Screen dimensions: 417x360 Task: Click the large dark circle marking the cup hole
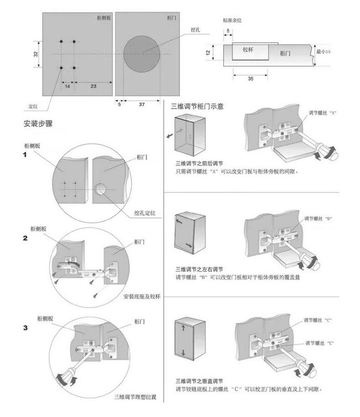[x=143, y=54]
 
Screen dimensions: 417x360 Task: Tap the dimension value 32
[x=36, y=54]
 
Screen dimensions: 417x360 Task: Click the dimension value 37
[x=142, y=104]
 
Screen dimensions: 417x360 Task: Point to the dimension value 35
[x=250, y=79]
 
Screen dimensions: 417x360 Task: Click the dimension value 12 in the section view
[x=208, y=52]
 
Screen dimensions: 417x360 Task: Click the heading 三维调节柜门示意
[x=197, y=107]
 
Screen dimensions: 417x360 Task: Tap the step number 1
[x=26, y=155]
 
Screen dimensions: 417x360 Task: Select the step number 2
[x=26, y=238]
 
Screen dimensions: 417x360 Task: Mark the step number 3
[x=26, y=327]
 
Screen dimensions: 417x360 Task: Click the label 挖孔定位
[x=145, y=213]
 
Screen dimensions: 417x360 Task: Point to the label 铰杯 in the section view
[x=248, y=50]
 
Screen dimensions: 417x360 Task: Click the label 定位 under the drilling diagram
[x=32, y=106]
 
